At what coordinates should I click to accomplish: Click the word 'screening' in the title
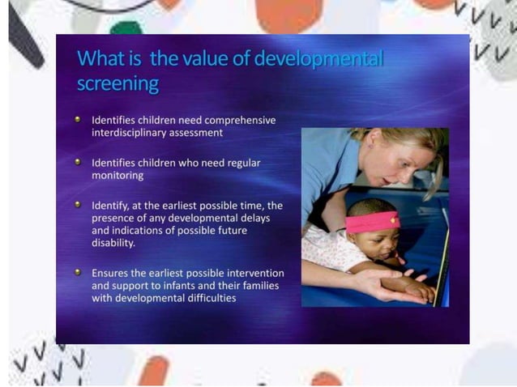tap(117, 83)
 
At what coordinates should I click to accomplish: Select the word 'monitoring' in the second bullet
tap(117, 175)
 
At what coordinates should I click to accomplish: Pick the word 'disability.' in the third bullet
tap(113, 243)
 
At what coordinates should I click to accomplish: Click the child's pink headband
tap(374, 220)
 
